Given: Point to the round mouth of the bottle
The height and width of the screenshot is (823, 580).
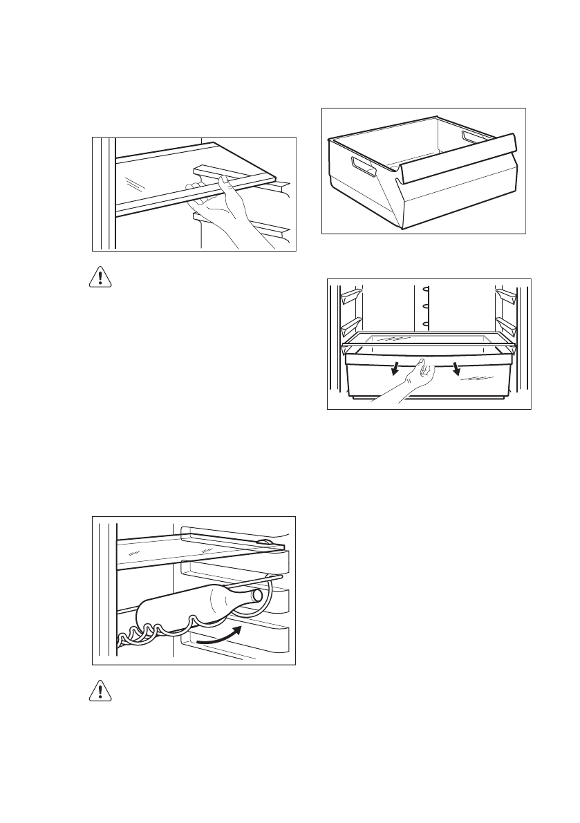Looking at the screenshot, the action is tap(257, 594).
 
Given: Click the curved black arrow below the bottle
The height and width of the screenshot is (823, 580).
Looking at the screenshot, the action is tap(220, 636).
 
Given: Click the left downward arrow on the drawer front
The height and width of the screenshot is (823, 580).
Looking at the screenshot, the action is tap(395, 371).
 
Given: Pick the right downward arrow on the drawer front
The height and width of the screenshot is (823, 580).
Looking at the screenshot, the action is tap(456, 370).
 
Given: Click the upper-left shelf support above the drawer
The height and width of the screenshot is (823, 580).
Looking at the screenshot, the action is tap(351, 295).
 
